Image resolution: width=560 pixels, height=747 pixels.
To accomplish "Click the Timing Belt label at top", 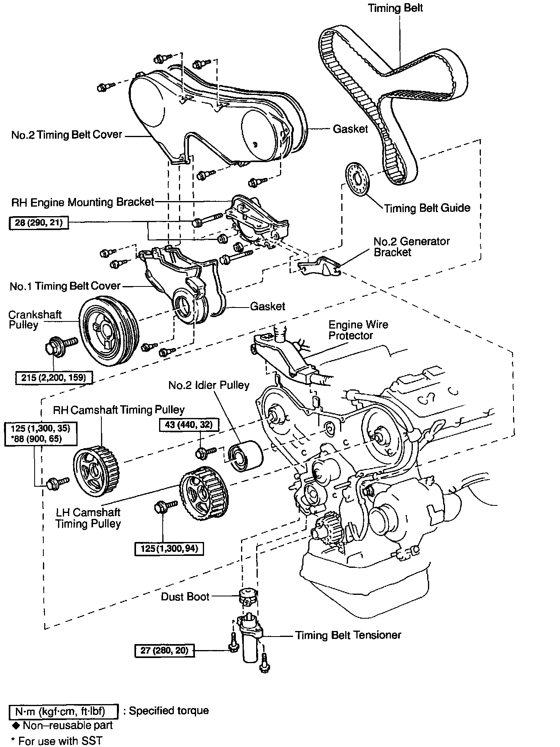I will (395, 8).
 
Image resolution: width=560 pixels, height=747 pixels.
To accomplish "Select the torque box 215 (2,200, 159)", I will (54, 377).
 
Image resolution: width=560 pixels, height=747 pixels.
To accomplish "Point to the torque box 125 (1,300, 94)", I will (169, 549).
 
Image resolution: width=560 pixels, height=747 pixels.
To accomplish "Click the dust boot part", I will (247, 596).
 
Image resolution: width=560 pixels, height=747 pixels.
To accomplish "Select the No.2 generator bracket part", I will (320, 266).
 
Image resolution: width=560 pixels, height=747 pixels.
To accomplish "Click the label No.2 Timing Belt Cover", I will (67, 135).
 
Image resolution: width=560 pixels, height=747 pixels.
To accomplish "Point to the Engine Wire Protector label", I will (358, 330).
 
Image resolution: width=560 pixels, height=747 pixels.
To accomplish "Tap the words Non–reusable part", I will (68, 725).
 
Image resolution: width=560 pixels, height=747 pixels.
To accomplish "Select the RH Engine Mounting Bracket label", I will (82, 202).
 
